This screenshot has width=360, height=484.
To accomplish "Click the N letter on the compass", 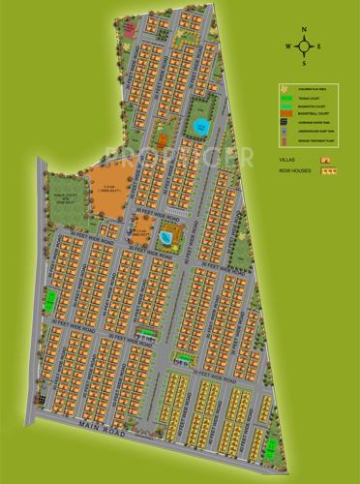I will [306, 30].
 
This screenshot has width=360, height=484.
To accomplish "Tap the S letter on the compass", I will [306, 64].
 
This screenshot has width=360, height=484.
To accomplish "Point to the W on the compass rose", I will [288, 46].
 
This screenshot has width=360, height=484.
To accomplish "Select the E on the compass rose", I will [323, 46].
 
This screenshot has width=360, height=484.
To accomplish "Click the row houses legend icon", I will [330, 169].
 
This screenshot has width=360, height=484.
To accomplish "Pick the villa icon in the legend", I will [325, 157].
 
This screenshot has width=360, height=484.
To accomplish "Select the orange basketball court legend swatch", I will [286, 112].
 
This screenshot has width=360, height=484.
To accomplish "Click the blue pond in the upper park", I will [200, 127].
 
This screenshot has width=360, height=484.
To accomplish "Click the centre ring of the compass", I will [306, 46].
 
